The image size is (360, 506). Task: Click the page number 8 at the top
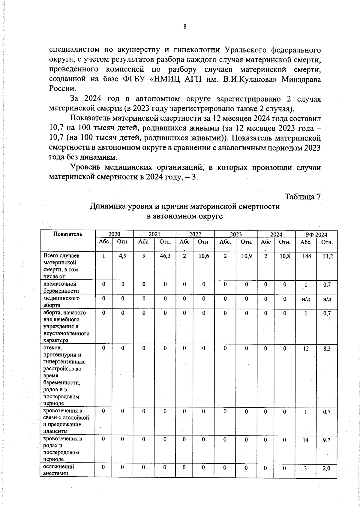pyautogui.click(x=185, y=27)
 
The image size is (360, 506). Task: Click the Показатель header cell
pyautogui.click(x=67, y=234)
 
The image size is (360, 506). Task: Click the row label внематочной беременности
pyautogui.click(x=60, y=287)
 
